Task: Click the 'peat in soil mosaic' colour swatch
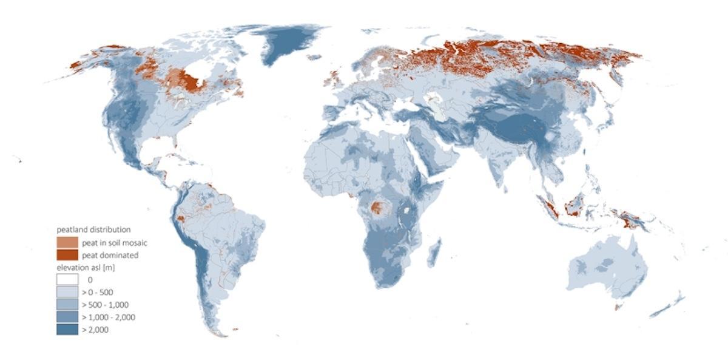pyautogui.click(x=67, y=242)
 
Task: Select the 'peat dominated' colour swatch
pyautogui.click(x=67, y=255)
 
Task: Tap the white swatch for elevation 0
pyautogui.click(x=67, y=280)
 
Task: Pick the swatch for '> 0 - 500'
pyautogui.click(x=67, y=292)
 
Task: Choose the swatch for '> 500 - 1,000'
pyautogui.click(x=67, y=305)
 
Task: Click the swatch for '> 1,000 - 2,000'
pyautogui.click(x=67, y=317)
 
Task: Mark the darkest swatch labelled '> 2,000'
pyautogui.click(x=67, y=330)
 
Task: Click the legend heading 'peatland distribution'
pyautogui.click(x=93, y=229)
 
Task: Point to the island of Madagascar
pyautogui.click(x=434, y=253)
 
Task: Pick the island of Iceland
pyautogui.click(x=314, y=58)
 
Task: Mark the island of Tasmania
pyautogui.click(x=618, y=307)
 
